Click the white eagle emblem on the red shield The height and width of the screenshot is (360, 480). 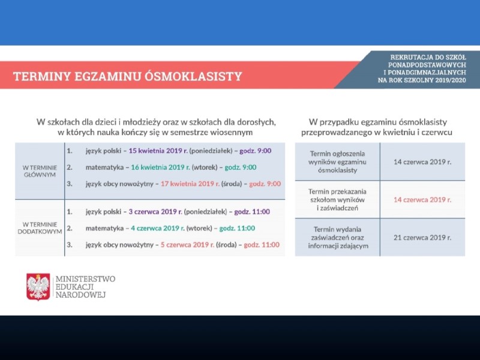(38, 287)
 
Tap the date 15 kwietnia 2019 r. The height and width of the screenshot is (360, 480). (158, 151)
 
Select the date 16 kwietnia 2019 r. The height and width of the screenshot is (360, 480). (160, 167)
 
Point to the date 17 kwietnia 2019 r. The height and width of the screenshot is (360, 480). (190, 184)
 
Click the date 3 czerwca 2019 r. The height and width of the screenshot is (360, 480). (155, 212)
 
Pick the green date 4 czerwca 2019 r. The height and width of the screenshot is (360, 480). (158, 228)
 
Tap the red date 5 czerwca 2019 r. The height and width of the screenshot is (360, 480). (187, 245)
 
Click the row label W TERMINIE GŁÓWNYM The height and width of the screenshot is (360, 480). (40, 171)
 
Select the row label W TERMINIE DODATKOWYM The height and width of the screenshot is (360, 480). (40, 228)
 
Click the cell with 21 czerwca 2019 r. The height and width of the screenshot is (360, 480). (422, 238)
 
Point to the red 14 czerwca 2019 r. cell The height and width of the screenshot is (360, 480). (422, 200)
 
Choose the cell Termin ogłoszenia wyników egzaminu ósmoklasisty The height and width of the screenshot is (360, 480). (337, 161)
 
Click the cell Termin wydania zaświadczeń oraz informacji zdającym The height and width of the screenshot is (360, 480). (337, 238)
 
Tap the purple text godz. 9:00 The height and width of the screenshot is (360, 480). (256, 151)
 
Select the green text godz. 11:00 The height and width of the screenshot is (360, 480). (237, 228)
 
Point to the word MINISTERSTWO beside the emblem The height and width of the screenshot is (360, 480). (85, 279)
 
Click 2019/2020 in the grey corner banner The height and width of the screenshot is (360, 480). (452, 80)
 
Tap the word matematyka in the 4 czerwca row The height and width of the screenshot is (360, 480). (104, 228)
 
